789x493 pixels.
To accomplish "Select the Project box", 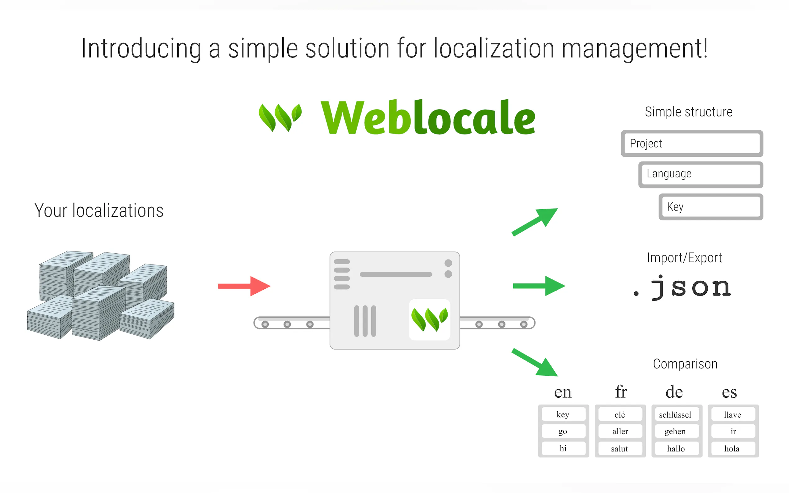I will click(691, 143).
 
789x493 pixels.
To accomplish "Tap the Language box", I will click(700, 174).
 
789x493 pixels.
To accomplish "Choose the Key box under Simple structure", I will click(710, 207).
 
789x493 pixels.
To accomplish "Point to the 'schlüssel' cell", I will click(675, 414).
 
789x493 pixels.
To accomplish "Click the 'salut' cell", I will click(619, 448).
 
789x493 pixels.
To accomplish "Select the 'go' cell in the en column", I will click(563, 431).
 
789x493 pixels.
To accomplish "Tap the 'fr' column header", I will click(621, 391).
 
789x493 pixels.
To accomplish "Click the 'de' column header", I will click(674, 391).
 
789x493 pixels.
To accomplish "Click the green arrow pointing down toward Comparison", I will click(535, 362).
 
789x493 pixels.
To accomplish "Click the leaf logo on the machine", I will click(429, 319).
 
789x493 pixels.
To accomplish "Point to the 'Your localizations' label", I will click(99, 210).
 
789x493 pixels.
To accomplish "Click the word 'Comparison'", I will click(685, 364).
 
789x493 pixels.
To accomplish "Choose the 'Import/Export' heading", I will click(684, 258).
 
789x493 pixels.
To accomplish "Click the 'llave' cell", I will click(732, 414).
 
